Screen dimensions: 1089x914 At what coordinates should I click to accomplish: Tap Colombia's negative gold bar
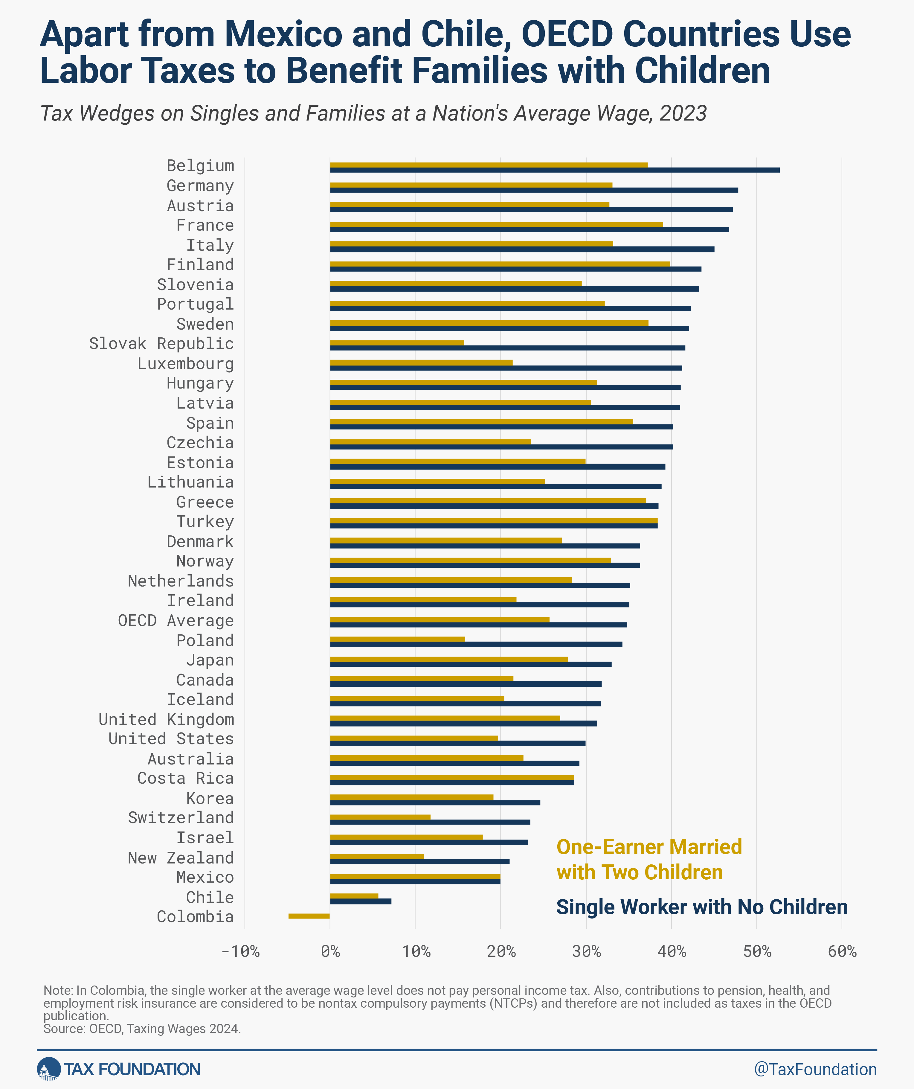point(309,916)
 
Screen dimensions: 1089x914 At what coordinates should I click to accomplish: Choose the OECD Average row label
point(176,620)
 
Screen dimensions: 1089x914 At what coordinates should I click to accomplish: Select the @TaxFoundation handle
point(816,1069)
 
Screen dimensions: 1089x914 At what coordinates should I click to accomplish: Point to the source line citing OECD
point(142,1028)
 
